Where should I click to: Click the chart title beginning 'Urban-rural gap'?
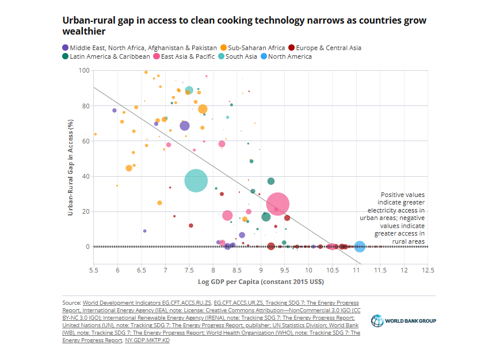point(245,25)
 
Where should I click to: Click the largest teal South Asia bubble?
point(196,181)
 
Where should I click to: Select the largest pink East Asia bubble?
point(277,204)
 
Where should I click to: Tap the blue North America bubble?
point(360,247)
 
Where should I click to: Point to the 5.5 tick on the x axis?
point(93,270)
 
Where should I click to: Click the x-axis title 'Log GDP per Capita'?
point(261,282)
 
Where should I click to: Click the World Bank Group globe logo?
point(378,320)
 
